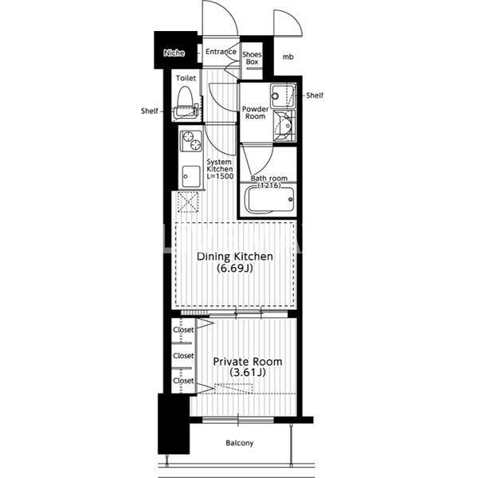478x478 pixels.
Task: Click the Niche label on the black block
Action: [x=174, y=53]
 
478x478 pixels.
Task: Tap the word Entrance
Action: [x=221, y=52]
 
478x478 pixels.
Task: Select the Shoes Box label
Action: [x=252, y=58]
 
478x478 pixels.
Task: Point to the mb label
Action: [x=288, y=57]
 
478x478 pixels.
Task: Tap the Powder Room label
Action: [x=256, y=112]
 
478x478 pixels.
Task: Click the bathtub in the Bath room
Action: [x=270, y=200]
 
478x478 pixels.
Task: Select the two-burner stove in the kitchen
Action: [x=191, y=141]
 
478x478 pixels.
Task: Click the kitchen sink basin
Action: [x=191, y=177]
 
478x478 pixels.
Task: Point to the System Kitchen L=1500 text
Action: [x=220, y=169]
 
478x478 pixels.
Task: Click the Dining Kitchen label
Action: [x=235, y=257]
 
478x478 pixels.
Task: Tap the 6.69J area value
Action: [x=235, y=268]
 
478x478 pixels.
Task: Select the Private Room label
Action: [x=247, y=362]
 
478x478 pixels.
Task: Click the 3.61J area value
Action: [x=247, y=372]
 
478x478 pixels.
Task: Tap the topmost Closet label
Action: [x=183, y=330]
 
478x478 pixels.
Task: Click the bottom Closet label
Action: [x=183, y=381]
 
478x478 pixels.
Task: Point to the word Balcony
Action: [x=240, y=443]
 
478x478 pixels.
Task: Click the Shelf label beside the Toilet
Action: [x=150, y=111]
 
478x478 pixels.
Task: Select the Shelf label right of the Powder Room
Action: [x=315, y=96]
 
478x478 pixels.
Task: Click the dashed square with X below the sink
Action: [x=188, y=202]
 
